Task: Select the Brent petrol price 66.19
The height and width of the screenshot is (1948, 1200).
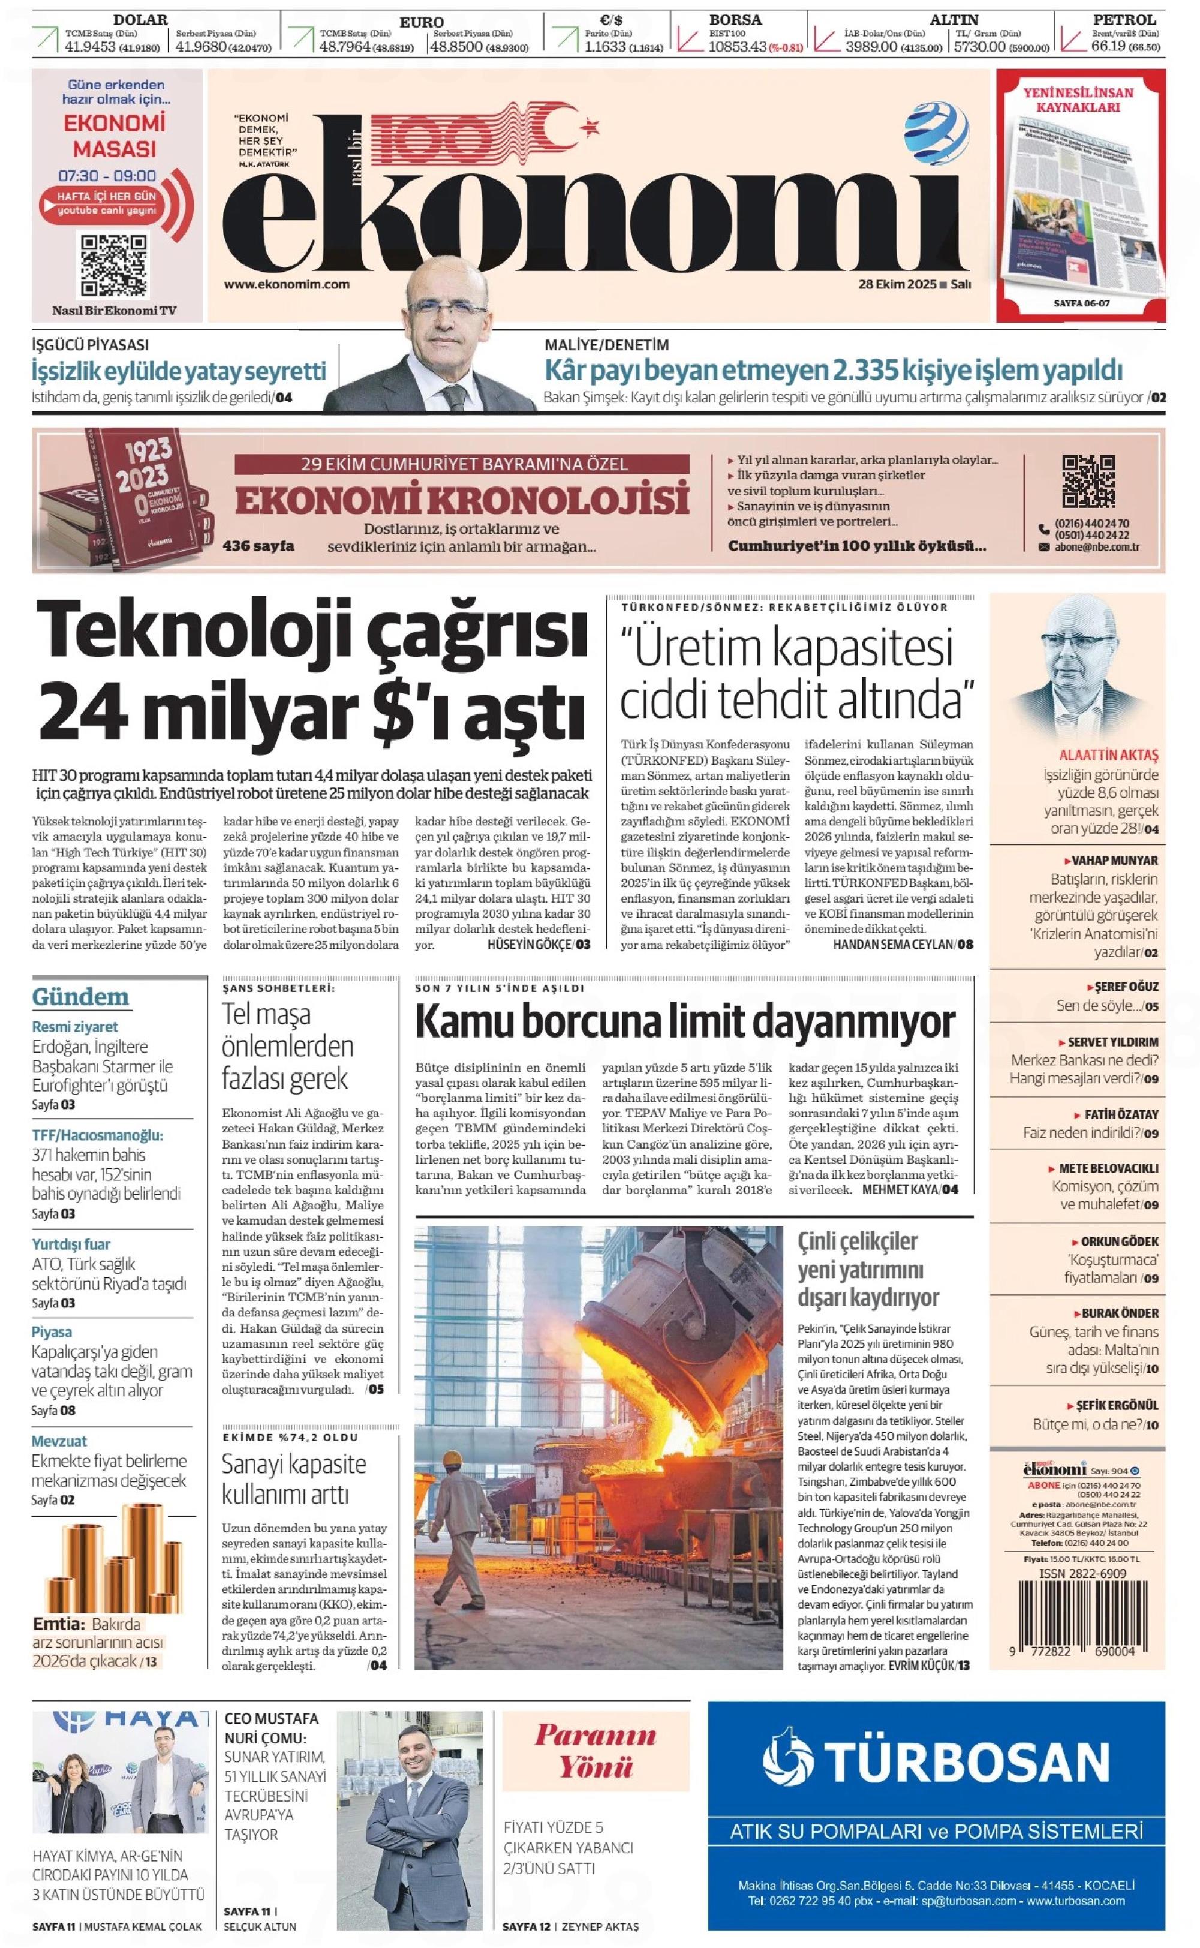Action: click(1109, 46)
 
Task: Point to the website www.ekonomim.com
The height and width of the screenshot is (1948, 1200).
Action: click(287, 285)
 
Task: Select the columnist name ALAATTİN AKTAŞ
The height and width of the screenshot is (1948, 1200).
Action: click(1108, 756)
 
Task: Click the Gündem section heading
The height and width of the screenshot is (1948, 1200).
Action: click(80, 997)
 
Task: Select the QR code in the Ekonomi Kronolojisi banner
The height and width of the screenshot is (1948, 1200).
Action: click(1088, 482)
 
